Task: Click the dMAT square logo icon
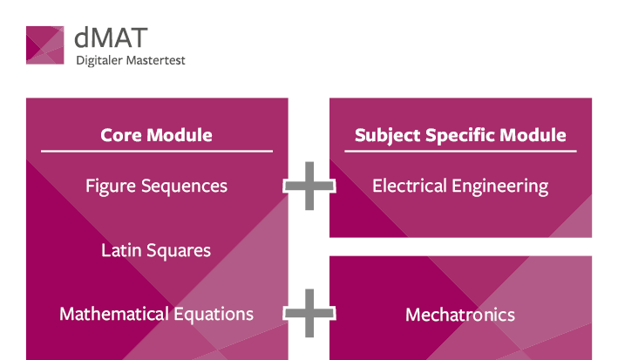[45, 45]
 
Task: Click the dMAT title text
[111, 37]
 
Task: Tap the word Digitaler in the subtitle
[99, 61]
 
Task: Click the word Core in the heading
[121, 135]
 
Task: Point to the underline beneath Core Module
[157, 151]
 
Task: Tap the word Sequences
[184, 187]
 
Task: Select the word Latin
[121, 250]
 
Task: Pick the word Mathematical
[114, 315]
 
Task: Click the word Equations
[214, 315]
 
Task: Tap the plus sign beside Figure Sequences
[309, 186]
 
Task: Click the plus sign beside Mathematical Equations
[309, 313]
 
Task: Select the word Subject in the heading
[387, 136]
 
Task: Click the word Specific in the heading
[460, 136]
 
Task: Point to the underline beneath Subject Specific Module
[460, 151]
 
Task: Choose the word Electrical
[410, 187]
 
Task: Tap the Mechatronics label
[460, 315]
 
